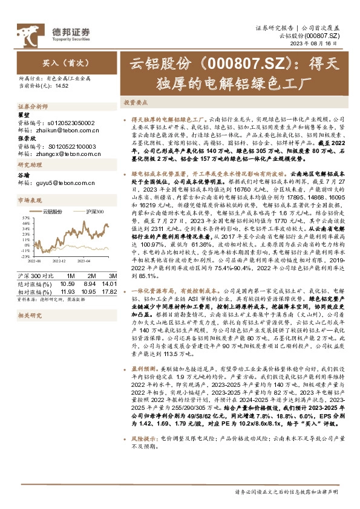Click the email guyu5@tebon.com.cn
pos(57,182)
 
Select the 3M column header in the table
pos(110,275)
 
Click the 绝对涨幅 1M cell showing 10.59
pos(68,283)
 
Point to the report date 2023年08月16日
pos(325,45)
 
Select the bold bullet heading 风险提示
pos(142,469)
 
